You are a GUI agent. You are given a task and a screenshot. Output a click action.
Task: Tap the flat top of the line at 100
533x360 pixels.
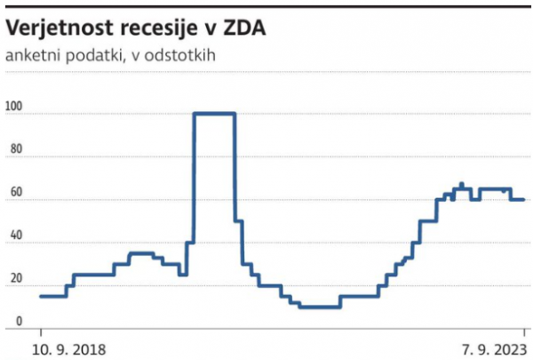(x=214, y=114)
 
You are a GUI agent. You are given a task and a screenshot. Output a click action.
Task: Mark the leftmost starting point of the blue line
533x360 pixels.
(x=41, y=296)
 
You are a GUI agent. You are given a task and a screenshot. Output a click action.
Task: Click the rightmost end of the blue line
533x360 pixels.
(x=523, y=199)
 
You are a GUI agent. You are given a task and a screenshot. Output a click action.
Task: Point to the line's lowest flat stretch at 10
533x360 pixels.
(x=320, y=307)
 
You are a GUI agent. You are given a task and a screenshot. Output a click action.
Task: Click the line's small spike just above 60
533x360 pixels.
(x=461, y=185)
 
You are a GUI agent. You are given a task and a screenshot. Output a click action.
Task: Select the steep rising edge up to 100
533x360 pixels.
(x=195, y=178)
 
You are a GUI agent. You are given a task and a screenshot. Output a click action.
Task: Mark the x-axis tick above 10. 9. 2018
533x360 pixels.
(x=41, y=332)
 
